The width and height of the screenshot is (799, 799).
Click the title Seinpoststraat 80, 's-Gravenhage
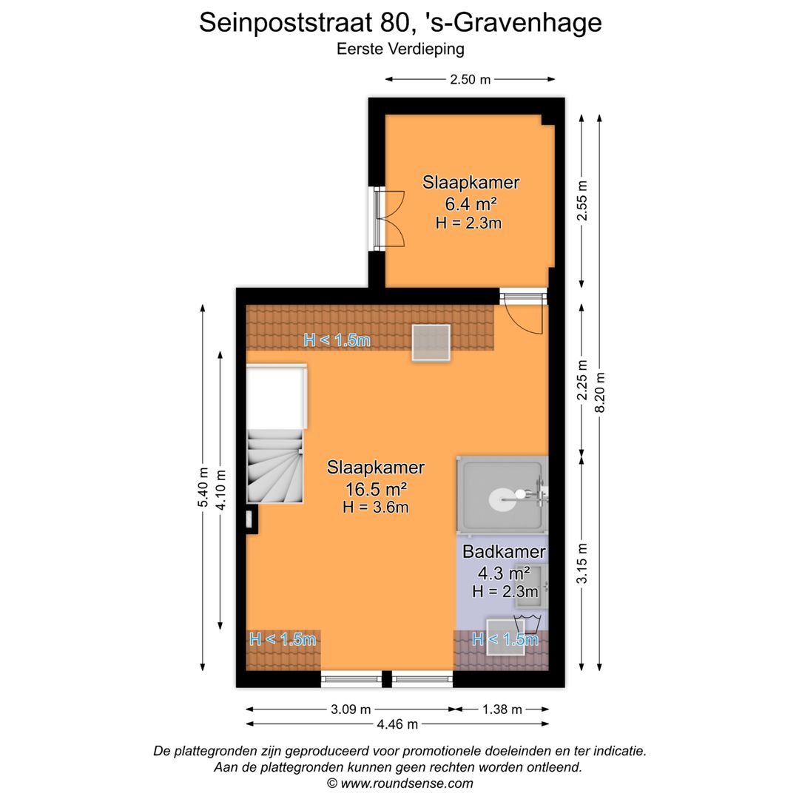click(x=399, y=22)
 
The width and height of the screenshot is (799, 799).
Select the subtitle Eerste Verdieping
click(x=399, y=50)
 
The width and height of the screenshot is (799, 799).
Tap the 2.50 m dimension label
click(x=470, y=79)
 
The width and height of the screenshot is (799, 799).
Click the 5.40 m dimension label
click(x=202, y=488)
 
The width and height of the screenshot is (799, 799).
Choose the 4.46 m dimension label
click(x=397, y=724)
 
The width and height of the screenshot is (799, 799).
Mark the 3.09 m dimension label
click(x=351, y=709)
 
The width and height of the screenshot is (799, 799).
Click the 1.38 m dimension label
click(x=502, y=709)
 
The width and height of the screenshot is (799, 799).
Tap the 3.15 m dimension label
click(x=582, y=564)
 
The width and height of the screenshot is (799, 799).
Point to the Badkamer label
click(x=504, y=552)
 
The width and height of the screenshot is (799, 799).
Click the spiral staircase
click(x=274, y=466)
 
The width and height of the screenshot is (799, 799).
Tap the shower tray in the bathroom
click(x=502, y=494)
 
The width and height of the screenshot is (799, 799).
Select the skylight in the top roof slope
click(x=431, y=343)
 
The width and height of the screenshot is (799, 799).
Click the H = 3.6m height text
click(x=376, y=508)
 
